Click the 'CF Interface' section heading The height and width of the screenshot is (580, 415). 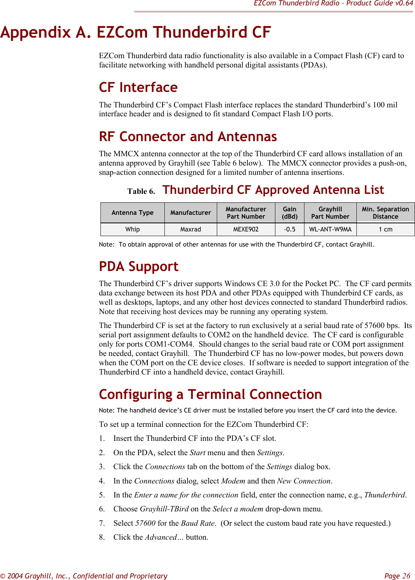138,88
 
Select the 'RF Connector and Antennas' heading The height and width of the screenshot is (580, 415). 188,137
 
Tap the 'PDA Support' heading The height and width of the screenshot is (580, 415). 138,267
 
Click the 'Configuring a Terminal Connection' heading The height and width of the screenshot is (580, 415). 210,395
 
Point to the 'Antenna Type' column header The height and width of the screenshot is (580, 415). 132,213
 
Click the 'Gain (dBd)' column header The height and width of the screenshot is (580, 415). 289,213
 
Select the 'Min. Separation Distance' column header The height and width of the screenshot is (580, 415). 385,213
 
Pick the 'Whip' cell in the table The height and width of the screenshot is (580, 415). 132,230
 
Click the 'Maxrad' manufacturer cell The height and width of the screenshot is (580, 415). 190,230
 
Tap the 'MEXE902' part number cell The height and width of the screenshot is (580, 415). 246,230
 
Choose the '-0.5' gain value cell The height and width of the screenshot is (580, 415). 289,230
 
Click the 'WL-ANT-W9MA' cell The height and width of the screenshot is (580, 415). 330,230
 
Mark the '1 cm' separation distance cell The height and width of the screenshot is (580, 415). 385,230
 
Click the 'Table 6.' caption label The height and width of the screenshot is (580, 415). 141,192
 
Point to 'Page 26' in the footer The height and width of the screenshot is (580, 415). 397,576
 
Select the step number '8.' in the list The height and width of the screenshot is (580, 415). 102,537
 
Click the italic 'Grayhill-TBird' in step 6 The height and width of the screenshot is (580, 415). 164,509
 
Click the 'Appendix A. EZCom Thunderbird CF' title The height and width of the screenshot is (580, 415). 135,32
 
